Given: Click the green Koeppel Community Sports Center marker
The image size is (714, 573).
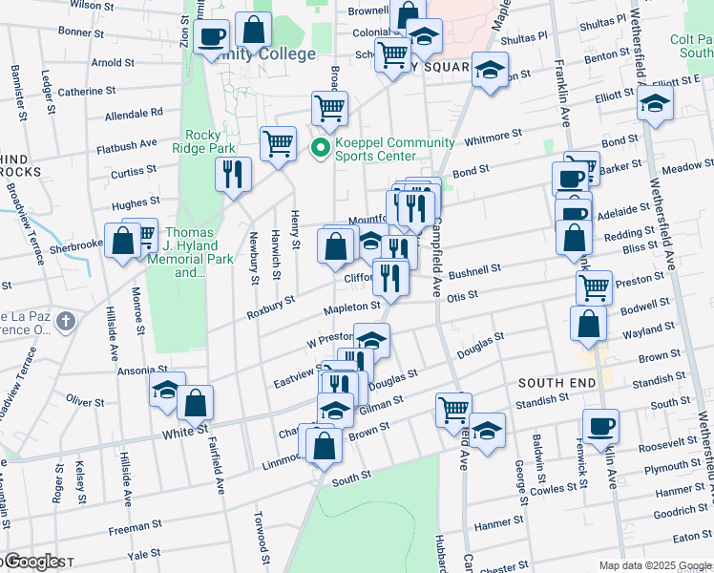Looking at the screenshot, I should [321, 149].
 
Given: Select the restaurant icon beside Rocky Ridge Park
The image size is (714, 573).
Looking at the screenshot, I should [233, 175].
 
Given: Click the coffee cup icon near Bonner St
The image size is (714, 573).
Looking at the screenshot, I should [212, 37].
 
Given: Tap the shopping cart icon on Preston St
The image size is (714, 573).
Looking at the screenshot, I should [594, 286].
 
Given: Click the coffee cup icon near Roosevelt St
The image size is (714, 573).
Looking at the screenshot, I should [600, 426].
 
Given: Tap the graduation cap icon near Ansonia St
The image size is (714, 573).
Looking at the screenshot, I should [167, 390].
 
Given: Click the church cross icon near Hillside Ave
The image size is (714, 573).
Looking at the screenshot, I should [64, 320].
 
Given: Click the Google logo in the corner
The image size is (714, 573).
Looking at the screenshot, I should [34, 562].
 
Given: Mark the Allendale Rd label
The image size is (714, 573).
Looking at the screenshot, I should [134, 114].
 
